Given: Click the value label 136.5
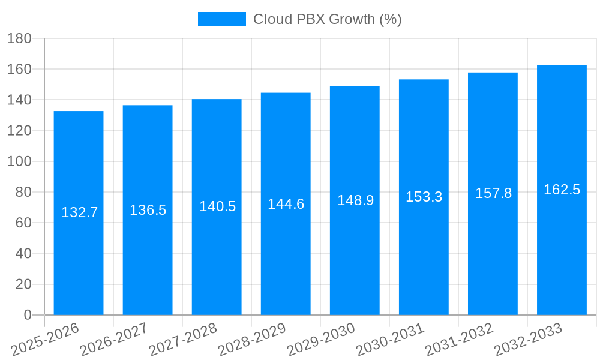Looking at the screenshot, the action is [x=148, y=210].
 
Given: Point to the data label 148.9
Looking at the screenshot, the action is [x=355, y=200].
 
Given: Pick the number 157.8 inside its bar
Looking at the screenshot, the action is [x=493, y=193].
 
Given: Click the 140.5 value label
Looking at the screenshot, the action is [x=217, y=206].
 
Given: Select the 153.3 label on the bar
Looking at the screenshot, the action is [x=424, y=197].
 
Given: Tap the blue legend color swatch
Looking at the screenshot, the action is [x=221, y=19].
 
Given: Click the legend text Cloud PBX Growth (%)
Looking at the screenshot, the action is [x=327, y=19].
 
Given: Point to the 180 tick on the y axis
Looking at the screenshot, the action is [x=19, y=38].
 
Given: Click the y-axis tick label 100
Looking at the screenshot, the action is [x=19, y=161].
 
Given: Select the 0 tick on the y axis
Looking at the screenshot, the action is [x=27, y=315].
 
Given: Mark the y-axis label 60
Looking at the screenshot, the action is [x=23, y=223].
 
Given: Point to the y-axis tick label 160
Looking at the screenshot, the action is [x=19, y=69].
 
